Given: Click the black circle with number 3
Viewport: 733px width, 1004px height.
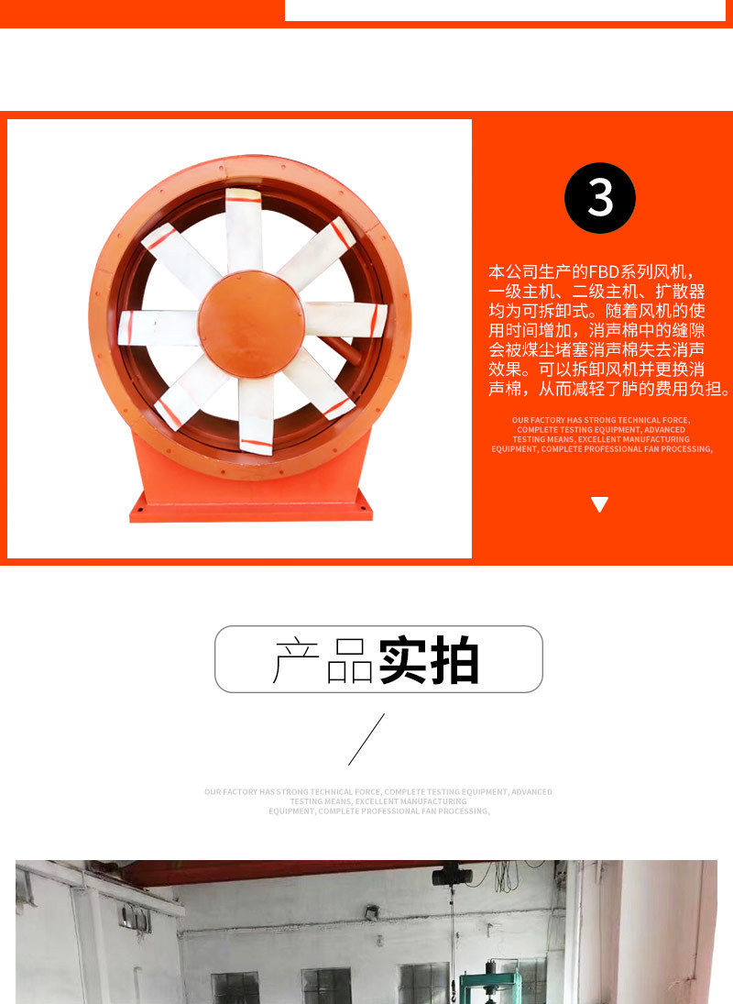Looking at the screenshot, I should [600, 198].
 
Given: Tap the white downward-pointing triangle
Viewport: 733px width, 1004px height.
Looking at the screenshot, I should [600, 503].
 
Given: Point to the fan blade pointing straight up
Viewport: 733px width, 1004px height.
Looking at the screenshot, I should [244, 225].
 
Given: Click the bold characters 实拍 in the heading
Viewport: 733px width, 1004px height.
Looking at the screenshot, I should [429, 659].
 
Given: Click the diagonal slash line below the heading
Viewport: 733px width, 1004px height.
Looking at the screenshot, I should [366, 738].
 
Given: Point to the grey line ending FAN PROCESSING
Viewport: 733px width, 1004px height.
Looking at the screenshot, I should [378, 811].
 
